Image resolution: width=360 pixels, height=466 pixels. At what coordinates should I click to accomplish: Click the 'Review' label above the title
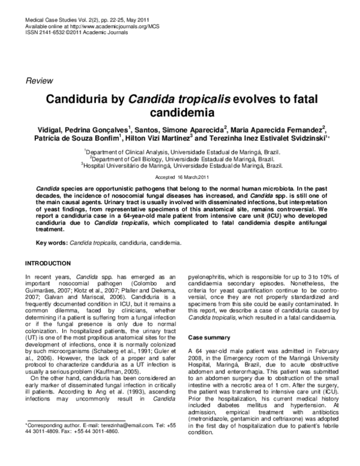(x=37, y=80)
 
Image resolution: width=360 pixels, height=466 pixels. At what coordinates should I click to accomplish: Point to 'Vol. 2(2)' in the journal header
(x=89, y=19)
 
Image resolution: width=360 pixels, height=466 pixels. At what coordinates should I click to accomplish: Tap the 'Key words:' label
(x=52, y=243)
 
